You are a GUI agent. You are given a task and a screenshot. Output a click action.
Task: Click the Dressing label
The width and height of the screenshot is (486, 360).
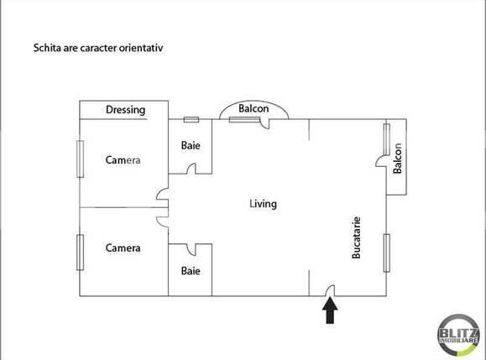(x=125, y=110)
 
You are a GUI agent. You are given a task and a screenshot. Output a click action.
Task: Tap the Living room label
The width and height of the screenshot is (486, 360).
(x=263, y=204)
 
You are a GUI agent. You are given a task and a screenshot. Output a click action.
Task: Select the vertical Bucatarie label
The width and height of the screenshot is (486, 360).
(x=357, y=237)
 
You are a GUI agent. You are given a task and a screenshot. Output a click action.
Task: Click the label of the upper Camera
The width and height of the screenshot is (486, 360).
(x=123, y=160)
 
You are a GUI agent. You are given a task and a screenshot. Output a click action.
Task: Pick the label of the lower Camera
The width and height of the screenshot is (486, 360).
(x=123, y=248)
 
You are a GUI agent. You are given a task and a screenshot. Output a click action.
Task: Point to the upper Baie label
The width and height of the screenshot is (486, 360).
(x=191, y=145)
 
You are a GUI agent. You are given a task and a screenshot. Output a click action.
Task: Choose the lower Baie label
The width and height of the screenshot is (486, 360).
(x=191, y=271)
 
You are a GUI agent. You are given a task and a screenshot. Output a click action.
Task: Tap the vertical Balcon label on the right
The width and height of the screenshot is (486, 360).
(x=398, y=159)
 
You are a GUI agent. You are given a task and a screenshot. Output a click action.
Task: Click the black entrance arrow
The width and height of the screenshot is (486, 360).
(x=330, y=311)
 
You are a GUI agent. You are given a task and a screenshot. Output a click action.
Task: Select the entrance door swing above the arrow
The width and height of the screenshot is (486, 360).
(x=330, y=290)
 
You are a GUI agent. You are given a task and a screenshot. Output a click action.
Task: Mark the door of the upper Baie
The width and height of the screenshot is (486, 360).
(x=191, y=170)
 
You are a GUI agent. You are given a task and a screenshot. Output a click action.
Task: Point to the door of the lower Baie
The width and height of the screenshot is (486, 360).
(x=191, y=249)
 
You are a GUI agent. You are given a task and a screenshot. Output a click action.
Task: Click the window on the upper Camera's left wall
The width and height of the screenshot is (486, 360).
(x=81, y=159)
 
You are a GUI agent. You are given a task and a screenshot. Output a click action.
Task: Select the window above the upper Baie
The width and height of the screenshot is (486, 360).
(x=191, y=119)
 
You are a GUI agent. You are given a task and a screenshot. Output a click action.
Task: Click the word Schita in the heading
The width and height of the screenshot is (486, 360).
(x=46, y=49)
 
